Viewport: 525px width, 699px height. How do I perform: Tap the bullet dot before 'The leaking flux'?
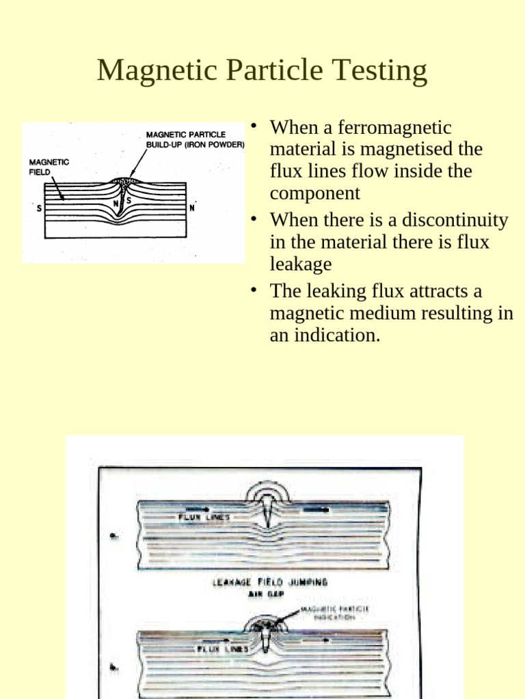[254, 290]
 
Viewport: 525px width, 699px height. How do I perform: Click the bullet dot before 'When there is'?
[254, 219]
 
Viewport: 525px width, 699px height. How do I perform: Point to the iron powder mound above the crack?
[125, 181]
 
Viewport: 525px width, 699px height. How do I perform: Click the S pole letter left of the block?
[39, 209]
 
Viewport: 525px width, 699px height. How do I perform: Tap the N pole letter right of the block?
[193, 208]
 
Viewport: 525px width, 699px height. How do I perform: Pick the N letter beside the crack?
[116, 203]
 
